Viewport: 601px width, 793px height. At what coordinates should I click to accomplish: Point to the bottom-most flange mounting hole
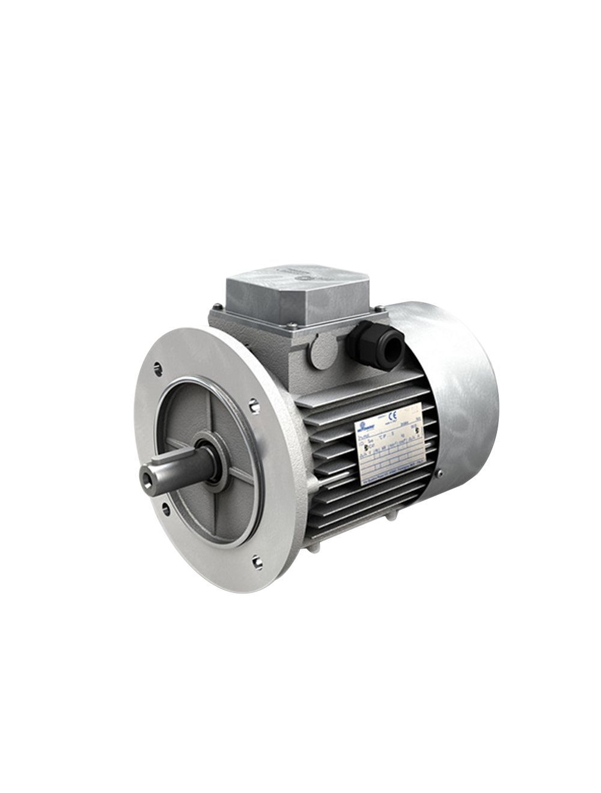[257, 562]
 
